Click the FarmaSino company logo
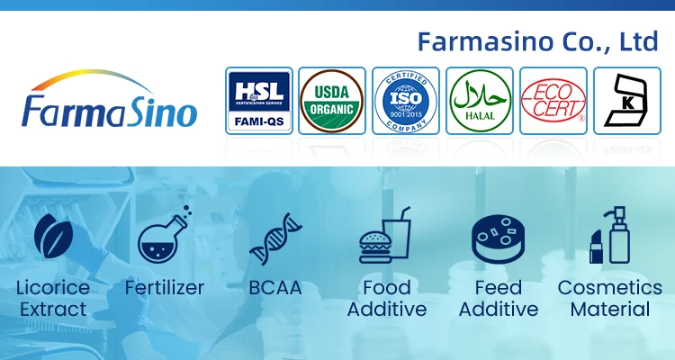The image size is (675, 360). [x=108, y=103]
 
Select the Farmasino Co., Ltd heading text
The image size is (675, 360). [x=538, y=41]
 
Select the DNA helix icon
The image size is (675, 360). [x=274, y=239]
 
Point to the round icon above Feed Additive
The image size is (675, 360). [x=497, y=239]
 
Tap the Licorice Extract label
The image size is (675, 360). [x=52, y=299]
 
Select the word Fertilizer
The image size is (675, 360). [x=165, y=289]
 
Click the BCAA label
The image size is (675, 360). [x=274, y=289]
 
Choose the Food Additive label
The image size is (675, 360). [x=386, y=299]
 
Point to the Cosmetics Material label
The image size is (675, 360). [x=609, y=299]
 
